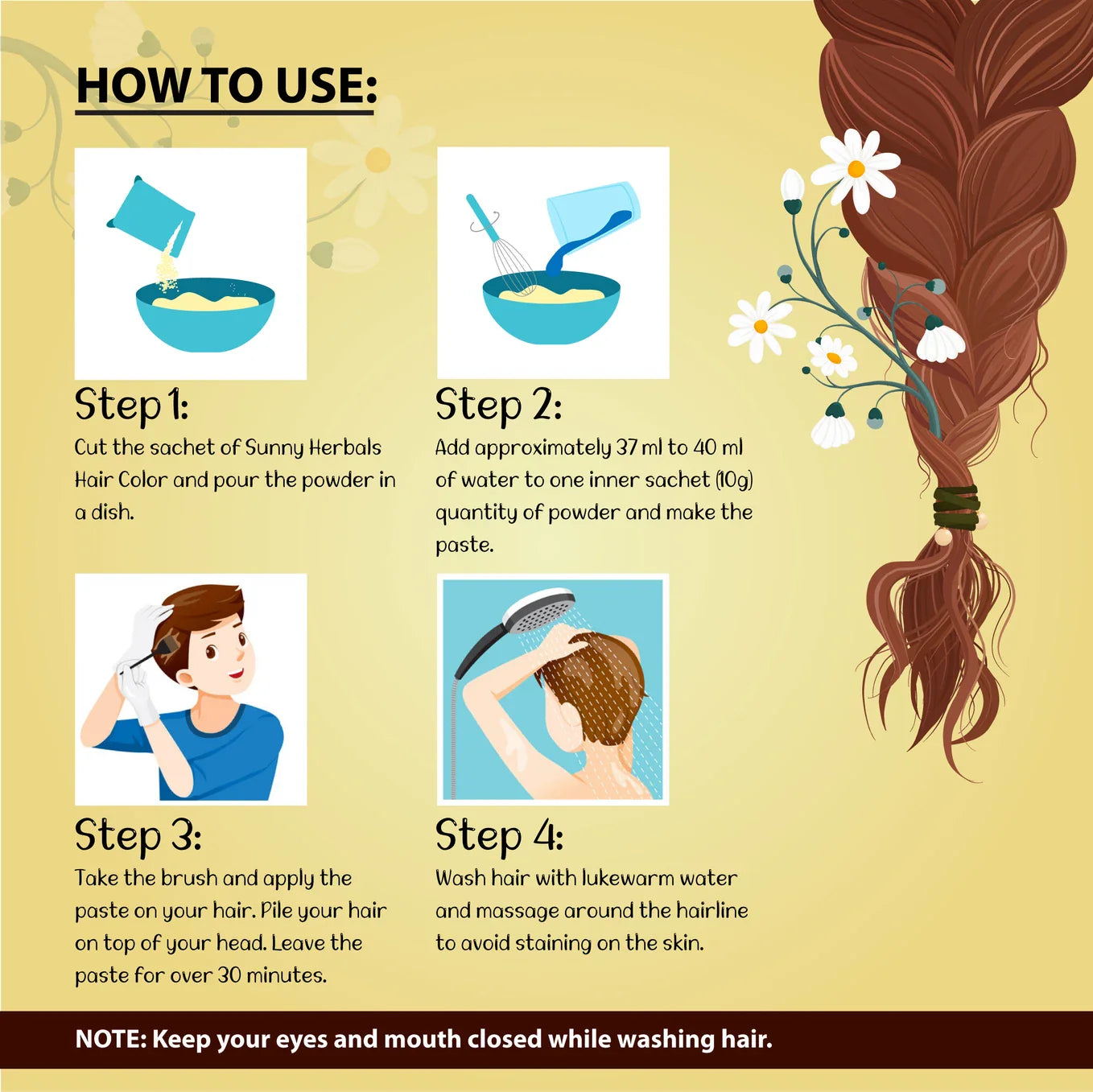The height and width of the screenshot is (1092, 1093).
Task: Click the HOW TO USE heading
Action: point(226,86)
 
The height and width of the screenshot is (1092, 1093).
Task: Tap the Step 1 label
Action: point(131,406)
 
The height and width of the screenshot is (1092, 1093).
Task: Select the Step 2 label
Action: point(498,406)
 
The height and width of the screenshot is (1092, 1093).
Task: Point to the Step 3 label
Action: point(138,835)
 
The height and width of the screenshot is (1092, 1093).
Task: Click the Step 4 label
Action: point(499,835)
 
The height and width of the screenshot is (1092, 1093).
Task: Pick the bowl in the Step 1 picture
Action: point(205,314)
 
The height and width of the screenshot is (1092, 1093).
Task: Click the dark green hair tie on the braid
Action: point(956,507)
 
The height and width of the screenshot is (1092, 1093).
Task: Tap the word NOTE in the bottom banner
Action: point(110,1039)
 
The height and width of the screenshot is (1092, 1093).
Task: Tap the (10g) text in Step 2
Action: point(734,480)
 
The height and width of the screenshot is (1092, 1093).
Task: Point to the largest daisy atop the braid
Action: point(856,169)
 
